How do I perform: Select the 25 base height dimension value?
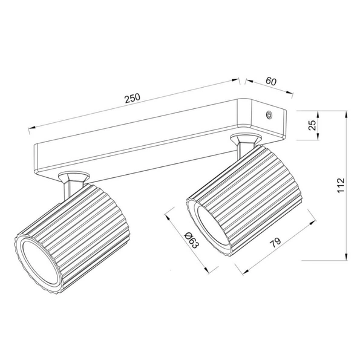(x=312, y=125)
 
